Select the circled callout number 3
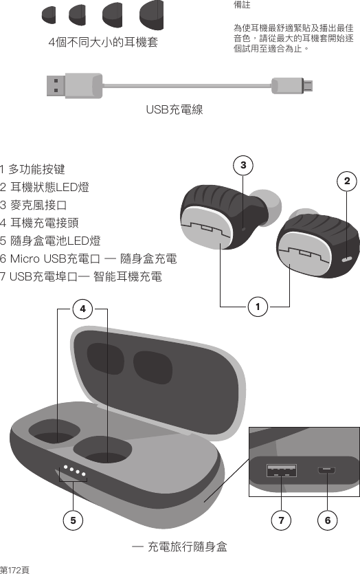(x=243, y=165)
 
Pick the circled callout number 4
(x=82, y=309)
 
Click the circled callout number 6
(x=327, y=520)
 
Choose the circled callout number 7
(x=281, y=520)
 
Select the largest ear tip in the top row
(x=151, y=16)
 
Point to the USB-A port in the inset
(x=281, y=471)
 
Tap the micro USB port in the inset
(x=327, y=472)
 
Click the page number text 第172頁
(x=15, y=569)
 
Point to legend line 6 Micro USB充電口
(x=89, y=258)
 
